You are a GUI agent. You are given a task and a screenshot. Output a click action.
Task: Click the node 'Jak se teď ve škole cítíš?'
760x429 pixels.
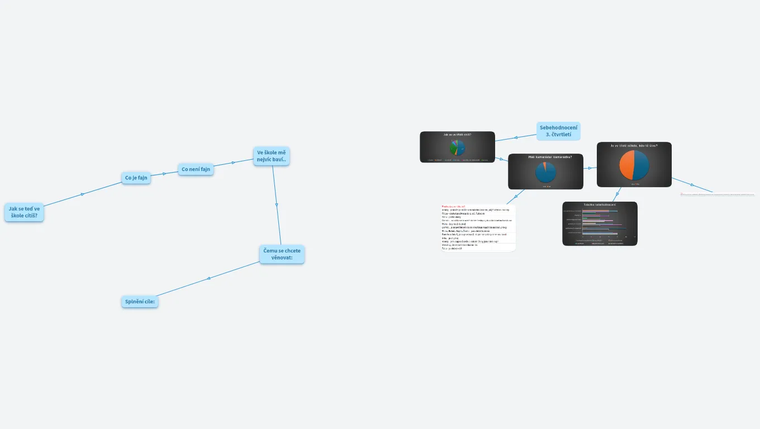[x=24, y=212]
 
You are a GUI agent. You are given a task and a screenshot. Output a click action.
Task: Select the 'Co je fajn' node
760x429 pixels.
[x=136, y=178]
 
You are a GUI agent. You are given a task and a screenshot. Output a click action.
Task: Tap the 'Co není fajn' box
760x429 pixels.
[x=196, y=169]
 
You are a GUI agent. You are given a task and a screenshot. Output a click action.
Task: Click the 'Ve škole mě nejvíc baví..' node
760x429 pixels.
[x=271, y=156]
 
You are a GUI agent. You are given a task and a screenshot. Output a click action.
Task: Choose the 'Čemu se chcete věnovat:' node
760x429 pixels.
[x=282, y=254]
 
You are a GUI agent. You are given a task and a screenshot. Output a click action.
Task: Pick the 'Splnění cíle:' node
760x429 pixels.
[x=140, y=302]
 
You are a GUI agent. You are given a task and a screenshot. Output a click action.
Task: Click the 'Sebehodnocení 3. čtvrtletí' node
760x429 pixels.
[x=558, y=131]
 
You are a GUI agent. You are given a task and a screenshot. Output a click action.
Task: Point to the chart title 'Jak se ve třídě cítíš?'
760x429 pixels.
[x=457, y=135]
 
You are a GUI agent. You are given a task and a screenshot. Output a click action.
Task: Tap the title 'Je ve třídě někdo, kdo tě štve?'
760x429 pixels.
[x=634, y=146]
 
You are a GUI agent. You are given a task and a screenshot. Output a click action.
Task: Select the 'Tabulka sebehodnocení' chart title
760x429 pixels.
[x=600, y=204]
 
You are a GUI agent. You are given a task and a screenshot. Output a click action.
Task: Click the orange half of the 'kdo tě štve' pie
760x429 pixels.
[x=627, y=165]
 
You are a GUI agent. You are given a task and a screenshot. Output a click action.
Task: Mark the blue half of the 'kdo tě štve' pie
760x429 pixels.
[x=642, y=165]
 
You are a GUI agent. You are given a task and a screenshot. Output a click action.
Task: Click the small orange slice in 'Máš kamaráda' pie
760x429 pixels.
[x=544, y=164]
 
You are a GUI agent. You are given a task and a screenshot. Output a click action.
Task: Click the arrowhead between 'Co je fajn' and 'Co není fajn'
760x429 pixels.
[x=164, y=174]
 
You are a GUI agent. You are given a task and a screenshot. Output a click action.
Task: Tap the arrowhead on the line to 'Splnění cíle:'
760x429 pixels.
[x=209, y=278]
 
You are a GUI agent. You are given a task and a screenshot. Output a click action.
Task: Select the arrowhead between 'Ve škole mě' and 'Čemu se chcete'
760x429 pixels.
[x=277, y=205]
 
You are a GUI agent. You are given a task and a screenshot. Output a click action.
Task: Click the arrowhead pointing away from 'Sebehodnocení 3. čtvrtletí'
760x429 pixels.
[x=516, y=137]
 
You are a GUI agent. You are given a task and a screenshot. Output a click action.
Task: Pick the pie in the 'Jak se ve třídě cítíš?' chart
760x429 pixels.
[x=457, y=147]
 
